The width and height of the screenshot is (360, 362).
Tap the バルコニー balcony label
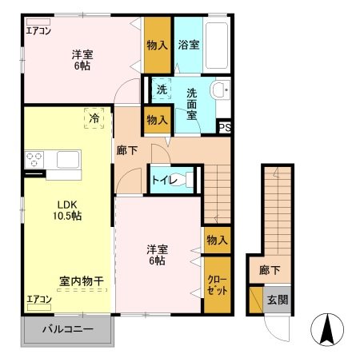pos(68,329)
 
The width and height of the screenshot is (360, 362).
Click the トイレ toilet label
pos(166,180)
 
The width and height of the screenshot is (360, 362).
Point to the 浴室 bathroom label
pos(189,46)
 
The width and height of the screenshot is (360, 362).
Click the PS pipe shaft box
pos(225,126)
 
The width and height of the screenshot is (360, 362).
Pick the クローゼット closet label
pos(216,284)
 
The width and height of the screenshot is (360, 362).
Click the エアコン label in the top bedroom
pos(38,33)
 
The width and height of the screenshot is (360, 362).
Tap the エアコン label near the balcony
pos(38,300)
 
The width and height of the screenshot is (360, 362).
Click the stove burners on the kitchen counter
pos(34,161)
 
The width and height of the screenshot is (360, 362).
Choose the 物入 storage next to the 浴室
pos(157,46)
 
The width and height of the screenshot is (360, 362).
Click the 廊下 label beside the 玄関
pos(270,271)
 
